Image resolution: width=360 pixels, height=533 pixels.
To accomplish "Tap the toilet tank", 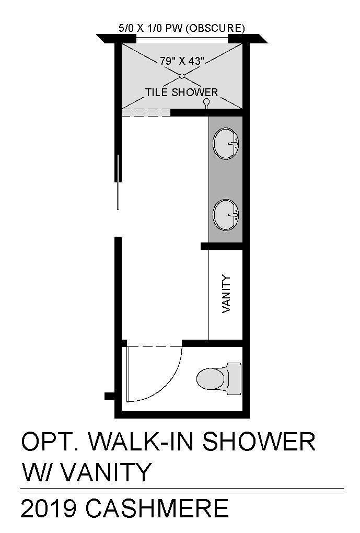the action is click(x=234, y=379).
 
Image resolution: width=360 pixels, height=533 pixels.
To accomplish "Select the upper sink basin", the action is click(x=226, y=144).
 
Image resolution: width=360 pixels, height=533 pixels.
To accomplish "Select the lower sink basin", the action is click(x=226, y=215).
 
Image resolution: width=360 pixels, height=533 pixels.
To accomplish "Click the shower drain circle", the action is click(x=182, y=76).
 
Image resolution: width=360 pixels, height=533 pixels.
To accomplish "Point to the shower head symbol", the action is click(x=206, y=103).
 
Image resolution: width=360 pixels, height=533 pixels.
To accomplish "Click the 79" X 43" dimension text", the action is click(x=182, y=61).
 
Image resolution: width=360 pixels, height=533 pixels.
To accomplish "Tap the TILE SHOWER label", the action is click(x=181, y=92).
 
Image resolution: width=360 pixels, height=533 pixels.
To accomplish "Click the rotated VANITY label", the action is click(x=226, y=294).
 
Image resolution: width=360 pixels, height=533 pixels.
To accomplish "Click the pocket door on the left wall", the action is click(x=118, y=182).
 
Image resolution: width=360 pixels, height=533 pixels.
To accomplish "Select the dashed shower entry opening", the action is click(x=146, y=112).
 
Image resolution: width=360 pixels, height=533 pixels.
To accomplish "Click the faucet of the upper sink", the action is click(x=233, y=144).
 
